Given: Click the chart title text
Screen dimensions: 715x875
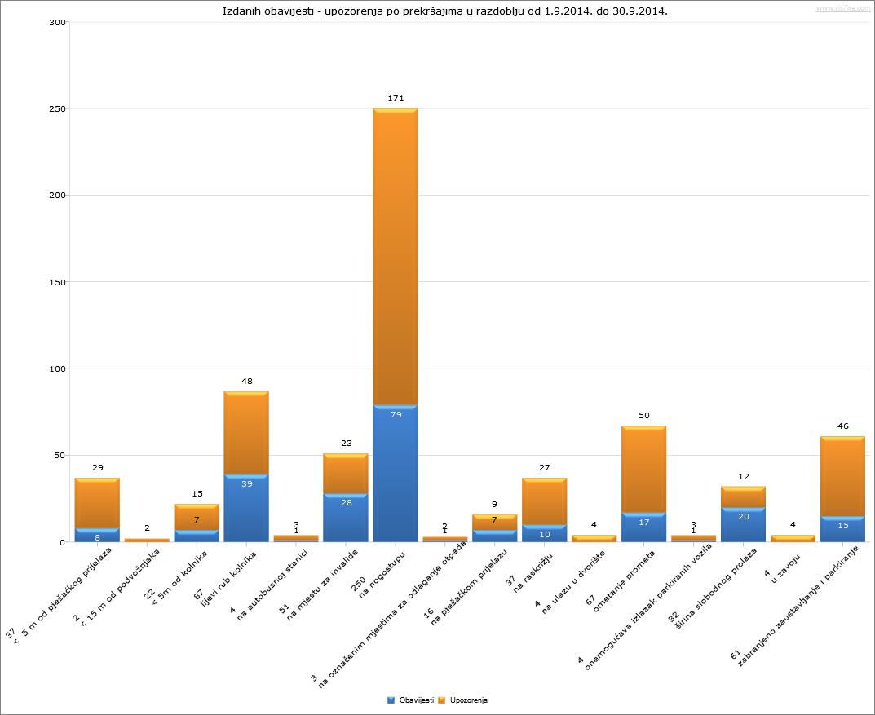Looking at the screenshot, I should (444, 11).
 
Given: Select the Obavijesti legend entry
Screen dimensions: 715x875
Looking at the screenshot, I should (410, 700).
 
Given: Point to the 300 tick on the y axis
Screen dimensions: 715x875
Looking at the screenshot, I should (57, 22).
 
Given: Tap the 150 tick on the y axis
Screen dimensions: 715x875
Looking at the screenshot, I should (57, 282).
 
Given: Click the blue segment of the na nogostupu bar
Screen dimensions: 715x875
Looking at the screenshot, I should (396, 473).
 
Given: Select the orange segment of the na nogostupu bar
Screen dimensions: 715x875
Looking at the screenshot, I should (396, 257).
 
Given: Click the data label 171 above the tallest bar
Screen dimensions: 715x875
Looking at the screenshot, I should (396, 99).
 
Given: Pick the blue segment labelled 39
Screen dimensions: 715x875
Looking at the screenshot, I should (246, 507).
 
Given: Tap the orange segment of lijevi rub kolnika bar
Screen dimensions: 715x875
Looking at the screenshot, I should (246, 432).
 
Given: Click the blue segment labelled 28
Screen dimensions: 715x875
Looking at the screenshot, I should (346, 517).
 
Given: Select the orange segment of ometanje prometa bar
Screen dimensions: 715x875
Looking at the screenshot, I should (643, 469).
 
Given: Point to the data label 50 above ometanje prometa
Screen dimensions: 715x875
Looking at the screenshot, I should (643, 416).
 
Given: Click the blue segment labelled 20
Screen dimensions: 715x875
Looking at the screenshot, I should (743, 524).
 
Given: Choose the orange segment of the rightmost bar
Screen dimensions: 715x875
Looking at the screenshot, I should (842, 477).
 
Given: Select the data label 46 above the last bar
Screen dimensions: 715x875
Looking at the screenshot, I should (842, 426).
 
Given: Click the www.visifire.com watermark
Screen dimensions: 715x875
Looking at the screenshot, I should (842, 8).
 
